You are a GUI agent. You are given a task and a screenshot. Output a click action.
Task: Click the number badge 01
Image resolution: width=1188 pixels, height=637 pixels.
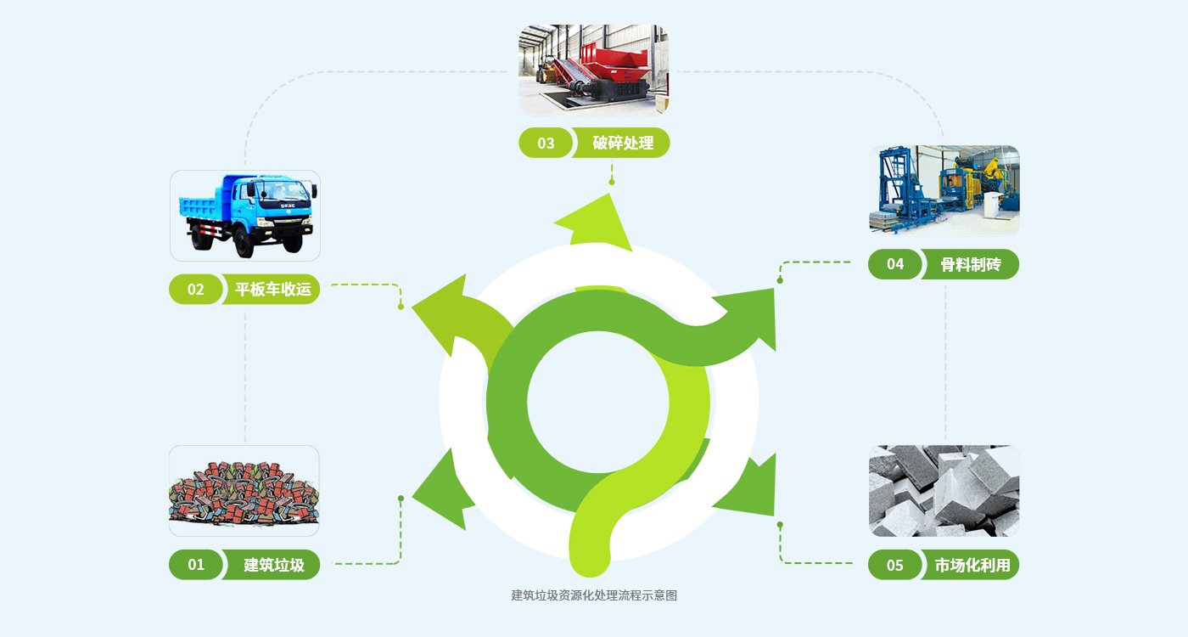[196, 565]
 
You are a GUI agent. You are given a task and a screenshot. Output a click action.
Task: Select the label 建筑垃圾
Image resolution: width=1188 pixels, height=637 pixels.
[273, 565]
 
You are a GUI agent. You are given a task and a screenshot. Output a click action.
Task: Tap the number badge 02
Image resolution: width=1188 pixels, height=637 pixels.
[196, 290]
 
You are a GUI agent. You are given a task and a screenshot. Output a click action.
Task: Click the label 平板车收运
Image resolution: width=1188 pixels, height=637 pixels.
[273, 290]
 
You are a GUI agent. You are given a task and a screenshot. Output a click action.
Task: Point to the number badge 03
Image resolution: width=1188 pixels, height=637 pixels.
[546, 143]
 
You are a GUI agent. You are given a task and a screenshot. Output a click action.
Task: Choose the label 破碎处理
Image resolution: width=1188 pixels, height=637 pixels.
[623, 143]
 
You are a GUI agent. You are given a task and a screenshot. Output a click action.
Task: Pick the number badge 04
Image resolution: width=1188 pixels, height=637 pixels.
[895, 264]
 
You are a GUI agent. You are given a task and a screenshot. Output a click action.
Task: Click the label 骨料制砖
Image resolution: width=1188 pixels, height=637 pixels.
[971, 264]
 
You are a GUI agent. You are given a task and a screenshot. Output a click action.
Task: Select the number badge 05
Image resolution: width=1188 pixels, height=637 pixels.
[895, 565]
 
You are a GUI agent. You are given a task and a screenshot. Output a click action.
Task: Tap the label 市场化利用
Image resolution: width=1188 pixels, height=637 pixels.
[972, 565]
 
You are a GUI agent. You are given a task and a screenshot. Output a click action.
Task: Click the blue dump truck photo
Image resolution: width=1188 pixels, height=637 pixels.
[245, 215]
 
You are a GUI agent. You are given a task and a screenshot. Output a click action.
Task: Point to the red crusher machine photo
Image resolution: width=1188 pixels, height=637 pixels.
[594, 70]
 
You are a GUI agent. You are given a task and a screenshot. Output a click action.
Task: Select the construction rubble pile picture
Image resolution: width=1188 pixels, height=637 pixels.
[244, 491]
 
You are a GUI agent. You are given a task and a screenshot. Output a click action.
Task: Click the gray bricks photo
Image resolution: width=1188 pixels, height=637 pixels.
[944, 491]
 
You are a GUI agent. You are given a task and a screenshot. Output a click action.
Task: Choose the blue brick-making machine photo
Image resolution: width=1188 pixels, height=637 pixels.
[944, 190]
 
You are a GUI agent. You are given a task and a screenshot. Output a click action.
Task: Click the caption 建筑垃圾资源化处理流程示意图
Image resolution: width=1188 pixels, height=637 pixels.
[594, 595]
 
